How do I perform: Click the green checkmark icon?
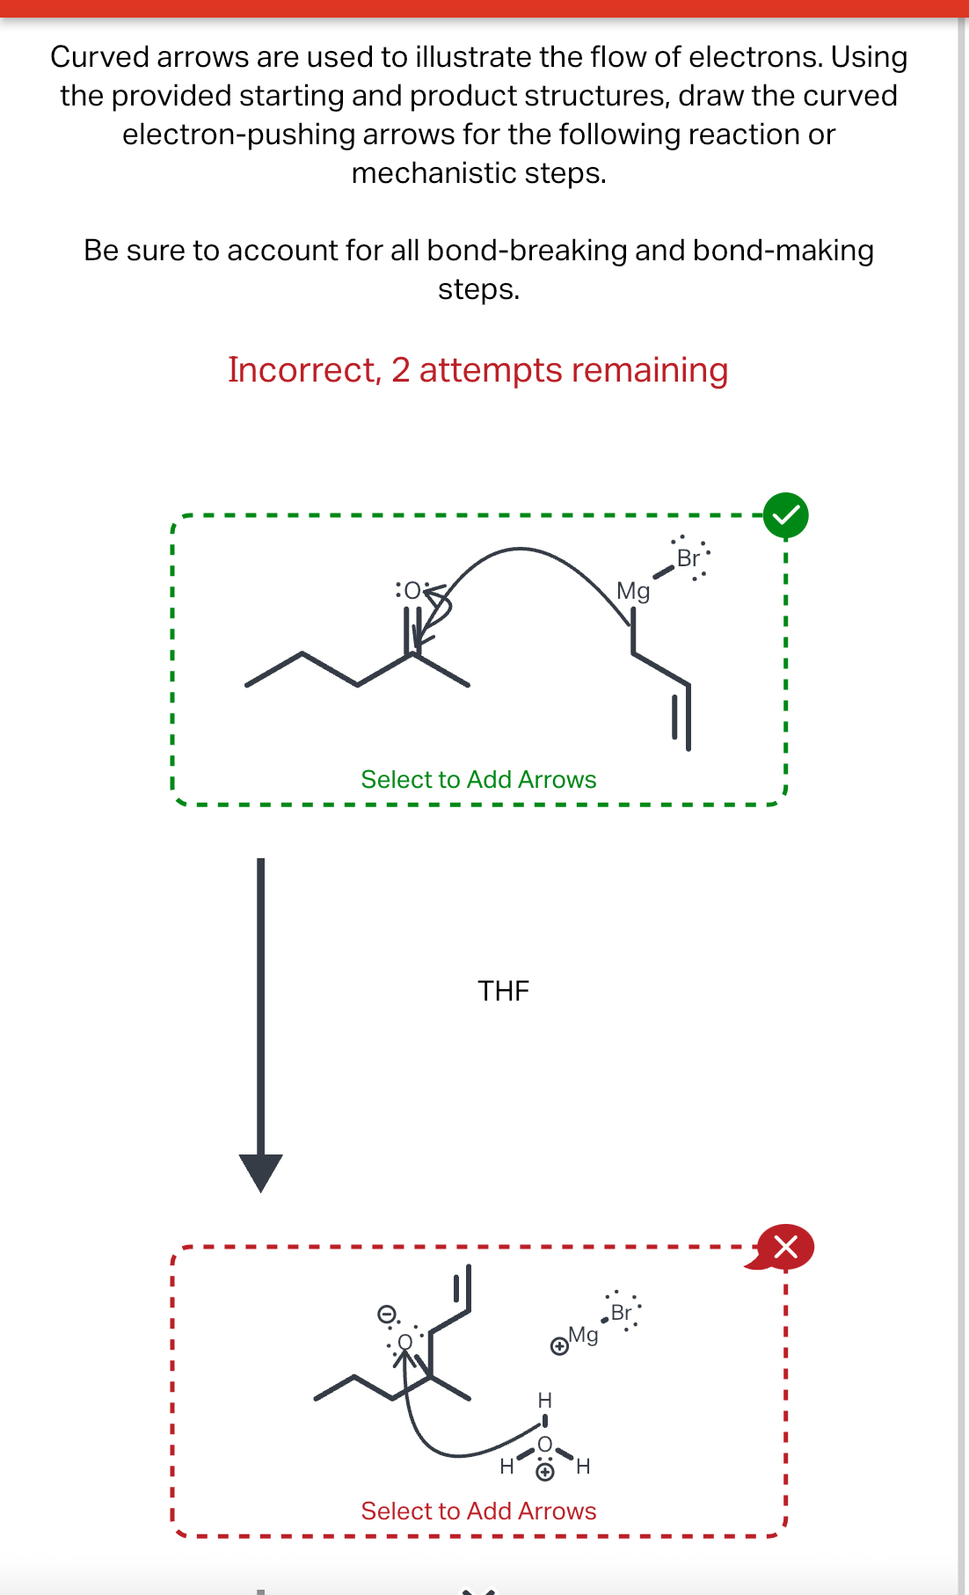tap(785, 515)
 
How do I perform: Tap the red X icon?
tap(785, 1247)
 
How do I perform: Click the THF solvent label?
tap(503, 991)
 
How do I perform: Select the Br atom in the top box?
tap(688, 558)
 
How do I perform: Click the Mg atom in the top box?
tap(632, 591)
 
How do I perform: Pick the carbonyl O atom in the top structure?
tap(412, 590)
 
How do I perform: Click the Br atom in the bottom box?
tap(621, 1313)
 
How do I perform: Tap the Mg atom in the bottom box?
tap(583, 1335)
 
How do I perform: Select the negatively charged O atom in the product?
tap(404, 1342)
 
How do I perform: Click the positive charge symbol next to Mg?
tap(558, 1346)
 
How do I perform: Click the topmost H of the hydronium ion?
tap(544, 1400)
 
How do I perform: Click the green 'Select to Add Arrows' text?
tap(478, 780)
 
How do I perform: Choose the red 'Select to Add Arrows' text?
tap(478, 1511)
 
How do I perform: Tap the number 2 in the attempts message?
tap(401, 370)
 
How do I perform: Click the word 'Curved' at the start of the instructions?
tap(99, 57)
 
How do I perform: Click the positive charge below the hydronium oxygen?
tap(545, 1472)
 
